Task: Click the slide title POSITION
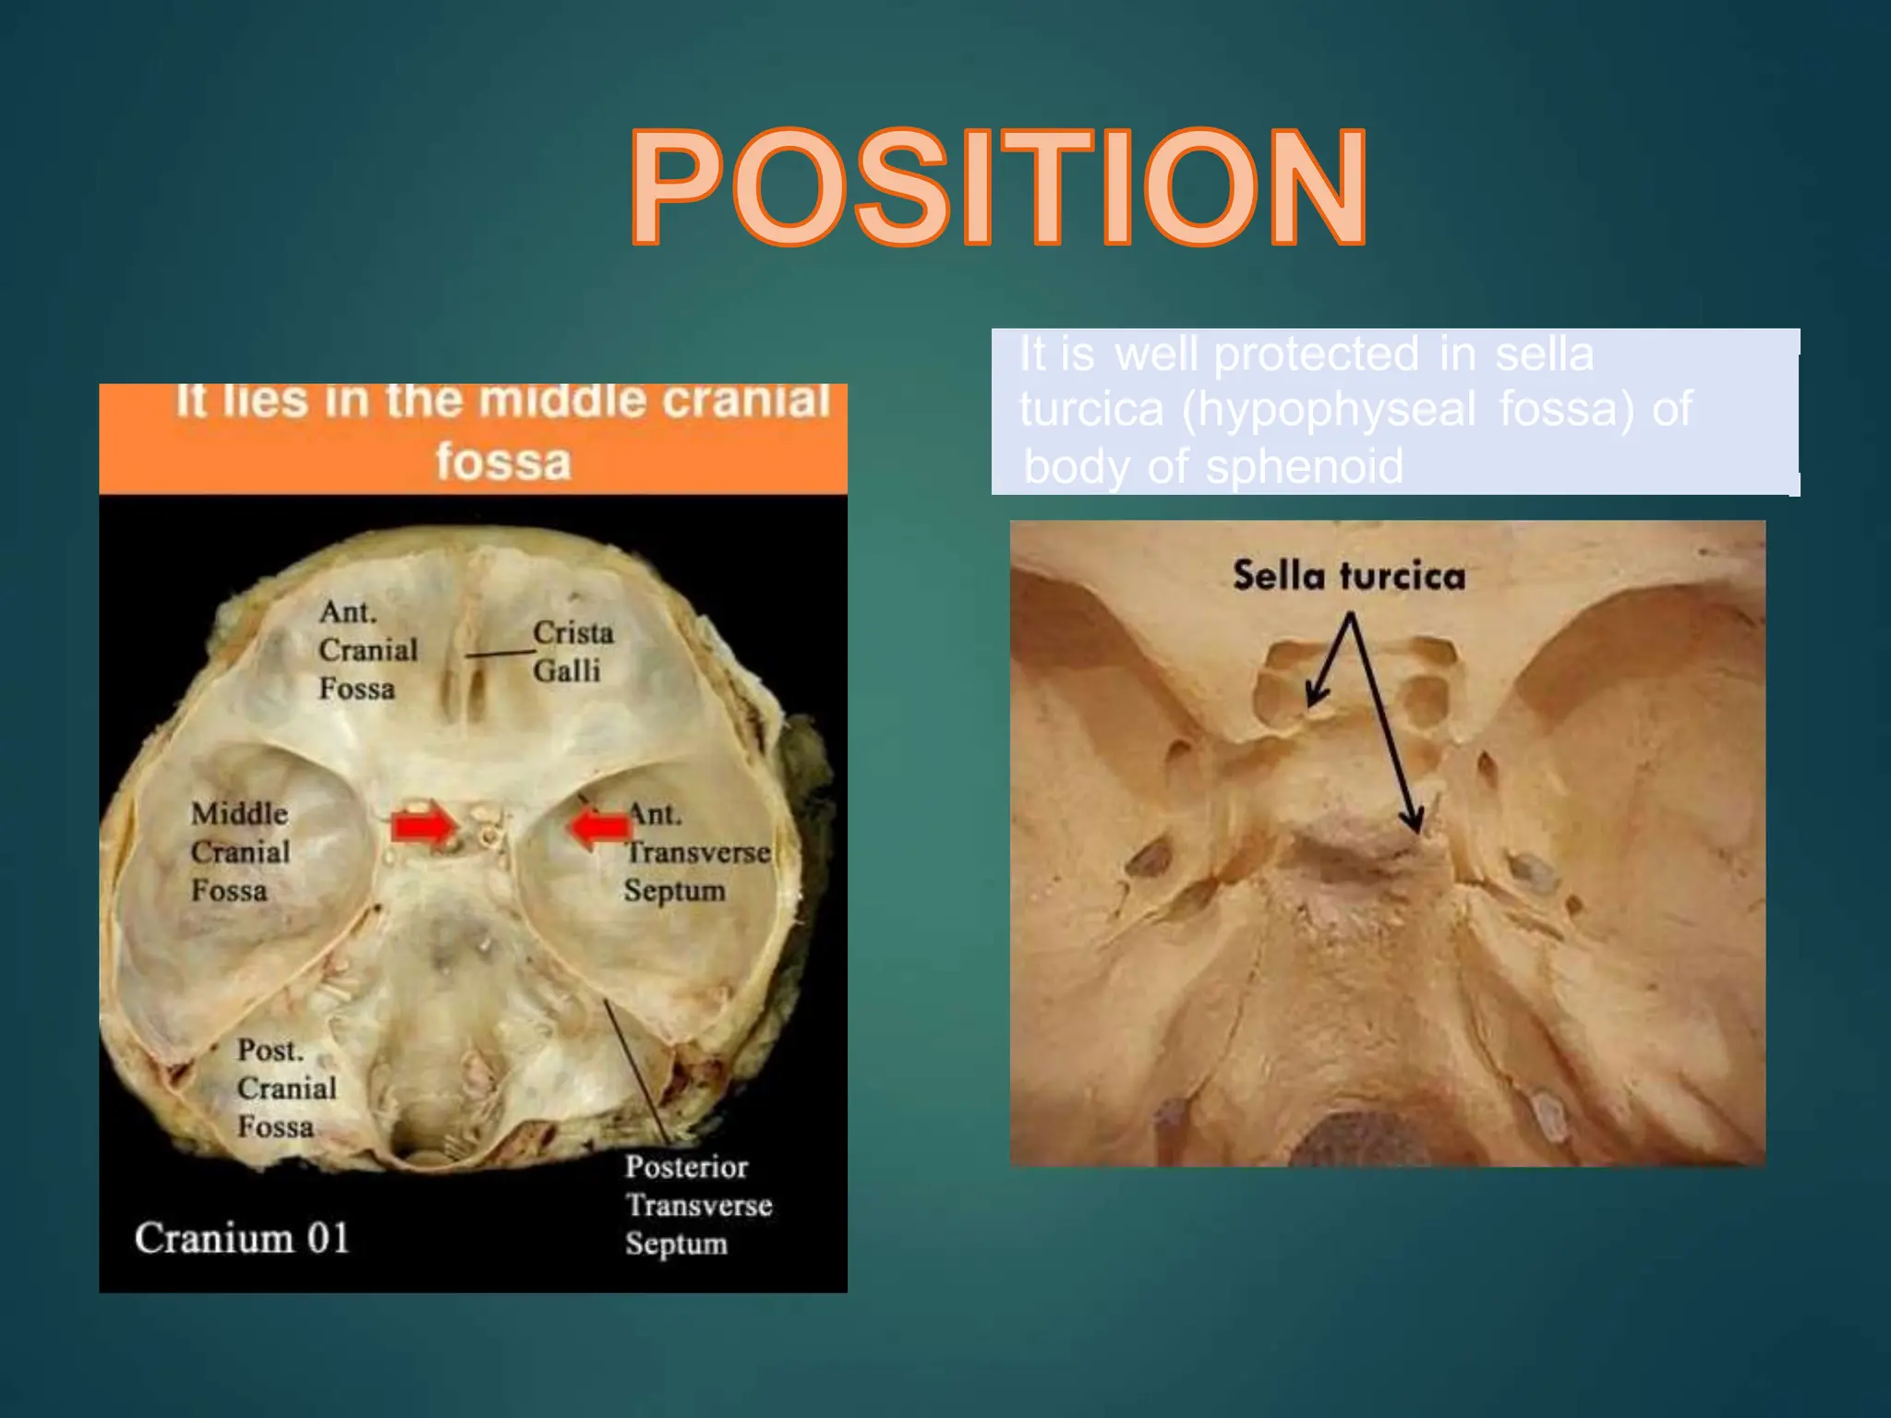pos(998,188)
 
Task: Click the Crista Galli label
pos(572,651)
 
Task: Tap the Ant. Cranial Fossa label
pos(367,650)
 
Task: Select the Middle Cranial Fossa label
pos(240,851)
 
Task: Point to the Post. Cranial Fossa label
pos(286,1088)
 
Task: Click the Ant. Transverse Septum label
pos(697,852)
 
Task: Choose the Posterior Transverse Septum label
pos(698,1205)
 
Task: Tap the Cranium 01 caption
pos(242,1238)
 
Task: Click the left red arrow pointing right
pos(423,825)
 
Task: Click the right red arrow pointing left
pos(598,826)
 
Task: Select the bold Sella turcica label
pos(1349,576)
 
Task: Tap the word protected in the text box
pos(1316,354)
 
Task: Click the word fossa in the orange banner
pos(503,461)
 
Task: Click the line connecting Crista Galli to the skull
pos(500,654)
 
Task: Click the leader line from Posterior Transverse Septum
pos(636,1071)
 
